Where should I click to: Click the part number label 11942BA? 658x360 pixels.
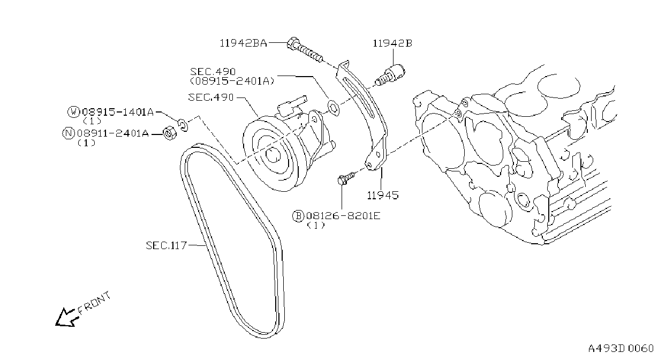[244, 43]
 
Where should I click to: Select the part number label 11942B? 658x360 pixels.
[392, 43]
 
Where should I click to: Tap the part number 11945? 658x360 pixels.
[383, 195]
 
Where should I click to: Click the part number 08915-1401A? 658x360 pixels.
[118, 112]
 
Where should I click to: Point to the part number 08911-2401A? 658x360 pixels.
[113, 133]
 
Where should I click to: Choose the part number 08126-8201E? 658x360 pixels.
[343, 216]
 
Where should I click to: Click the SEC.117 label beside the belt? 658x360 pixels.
[167, 245]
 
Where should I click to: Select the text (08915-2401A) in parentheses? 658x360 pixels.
[232, 81]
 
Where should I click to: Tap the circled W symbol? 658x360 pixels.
[73, 112]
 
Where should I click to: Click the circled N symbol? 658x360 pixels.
[69, 133]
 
